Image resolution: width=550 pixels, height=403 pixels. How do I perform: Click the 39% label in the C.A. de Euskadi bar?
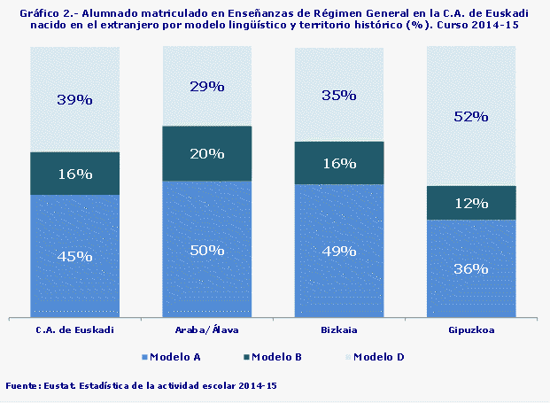74,99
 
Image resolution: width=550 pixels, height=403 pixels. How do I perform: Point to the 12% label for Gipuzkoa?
471,203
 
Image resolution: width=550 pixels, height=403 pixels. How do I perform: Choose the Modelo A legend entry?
174,357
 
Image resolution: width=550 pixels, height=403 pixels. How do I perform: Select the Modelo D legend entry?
378,357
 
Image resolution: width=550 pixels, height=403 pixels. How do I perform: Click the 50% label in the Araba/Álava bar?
207,250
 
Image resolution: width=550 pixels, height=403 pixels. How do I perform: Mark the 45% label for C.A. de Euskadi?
74,256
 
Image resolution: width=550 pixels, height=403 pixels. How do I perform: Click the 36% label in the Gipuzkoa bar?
471,268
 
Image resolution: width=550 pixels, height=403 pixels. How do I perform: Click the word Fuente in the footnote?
23,386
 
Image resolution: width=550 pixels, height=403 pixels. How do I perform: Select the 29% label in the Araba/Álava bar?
207,86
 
